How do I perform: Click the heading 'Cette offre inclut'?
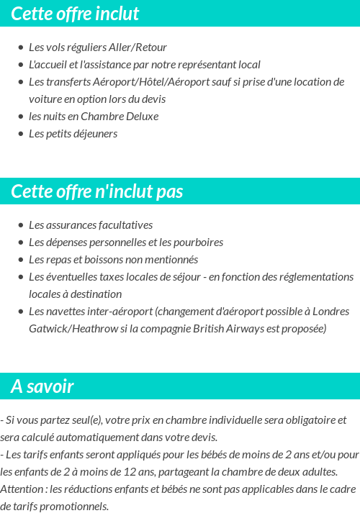(x=75, y=14)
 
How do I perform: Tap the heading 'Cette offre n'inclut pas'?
(x=97, y=191)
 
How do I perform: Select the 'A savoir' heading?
(x=42, y=386)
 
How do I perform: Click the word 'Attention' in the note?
(x=22, y=489)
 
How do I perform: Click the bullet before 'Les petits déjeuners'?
(x=21, y=134)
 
